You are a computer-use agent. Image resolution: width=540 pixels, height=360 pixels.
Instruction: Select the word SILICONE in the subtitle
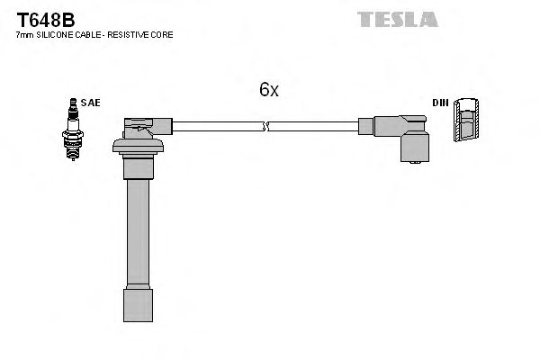pyautogui.click(x=54, y=34)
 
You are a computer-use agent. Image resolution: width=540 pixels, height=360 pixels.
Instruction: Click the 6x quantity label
pyautogui.click(x=269, y=90)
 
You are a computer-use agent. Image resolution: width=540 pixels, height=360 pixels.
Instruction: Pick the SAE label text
pyautogui.click(x=91, y=103)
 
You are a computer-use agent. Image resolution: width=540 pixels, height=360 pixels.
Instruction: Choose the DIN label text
pyautogui.click(x=440, y=103)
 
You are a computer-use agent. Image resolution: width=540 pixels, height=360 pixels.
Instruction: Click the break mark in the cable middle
pyautogui.click(x=265, y=126)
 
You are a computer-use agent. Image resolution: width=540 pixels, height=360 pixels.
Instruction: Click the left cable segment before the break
pyautogui.click(x=216, y=126)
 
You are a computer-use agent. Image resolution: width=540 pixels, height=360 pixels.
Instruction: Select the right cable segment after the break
pyautogui.click(x=315, y=126)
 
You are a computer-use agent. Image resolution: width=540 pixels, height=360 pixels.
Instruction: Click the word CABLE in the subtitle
pyautogui.click(x=86, y=34)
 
